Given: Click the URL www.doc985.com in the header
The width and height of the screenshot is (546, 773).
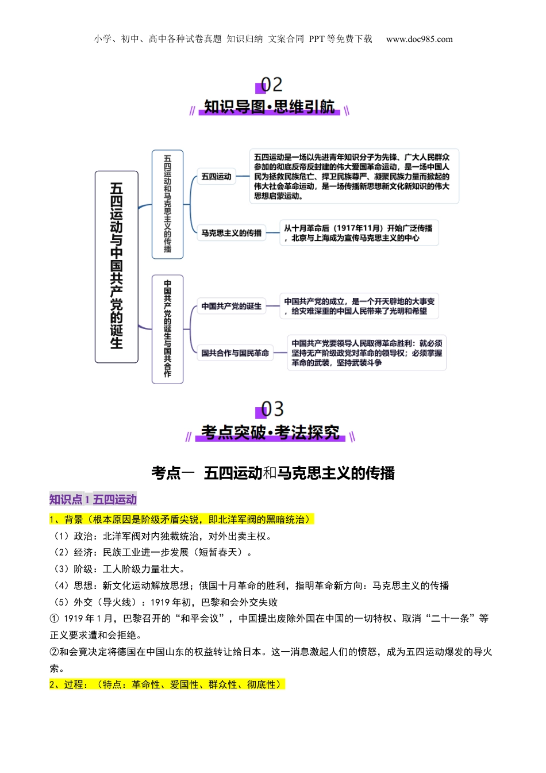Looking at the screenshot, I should pyautogui.click(x=419, y=39).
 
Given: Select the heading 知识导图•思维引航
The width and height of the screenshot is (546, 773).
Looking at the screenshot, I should pyautogui.click(x=269, y=107).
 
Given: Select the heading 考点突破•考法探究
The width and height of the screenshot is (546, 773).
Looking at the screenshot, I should pyautogui.click(x=270, y=432).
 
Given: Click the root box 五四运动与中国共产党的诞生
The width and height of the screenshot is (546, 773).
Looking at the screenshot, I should pyautogui.click(x=117, y=266).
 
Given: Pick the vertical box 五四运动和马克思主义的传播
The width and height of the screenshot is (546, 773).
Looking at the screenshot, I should pyautogui.click(x=167, y=204).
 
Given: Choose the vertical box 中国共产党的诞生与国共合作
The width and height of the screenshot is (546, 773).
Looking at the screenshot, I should pyautogui.click(x=167, y=328).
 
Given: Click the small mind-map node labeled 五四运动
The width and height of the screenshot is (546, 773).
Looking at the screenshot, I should pyautogui.click(x=216, y=177).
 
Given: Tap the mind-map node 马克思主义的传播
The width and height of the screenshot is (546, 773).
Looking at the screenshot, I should pyautogui.click(x=231, y=233).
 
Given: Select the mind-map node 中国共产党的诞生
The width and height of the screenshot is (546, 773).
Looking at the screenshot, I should pyautogui.click(x=231, y=306).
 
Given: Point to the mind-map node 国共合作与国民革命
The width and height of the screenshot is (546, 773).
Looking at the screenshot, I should pyautogui.click(x=235, y=353).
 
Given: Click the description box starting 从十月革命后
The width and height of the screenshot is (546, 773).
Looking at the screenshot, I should pyautogui.click(x=359, y=233).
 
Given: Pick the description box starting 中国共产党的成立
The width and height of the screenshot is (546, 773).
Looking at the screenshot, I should pyautogui.click(x=359, y=306).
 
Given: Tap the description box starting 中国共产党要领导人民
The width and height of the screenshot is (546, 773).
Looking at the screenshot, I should pyautogui.click(x=367, y=353).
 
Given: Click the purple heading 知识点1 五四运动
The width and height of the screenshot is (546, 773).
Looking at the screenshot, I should pyautogui.click(x=93, y=499).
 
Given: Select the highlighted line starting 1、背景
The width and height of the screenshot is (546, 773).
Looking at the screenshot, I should pyautogui.click(x=182, y=519).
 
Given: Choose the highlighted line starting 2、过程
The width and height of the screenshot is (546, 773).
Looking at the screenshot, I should pyautogui.click(x=167, y=684).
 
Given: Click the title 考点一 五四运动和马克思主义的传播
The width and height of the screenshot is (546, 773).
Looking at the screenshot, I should pyautogui.click(x=273, y=473).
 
